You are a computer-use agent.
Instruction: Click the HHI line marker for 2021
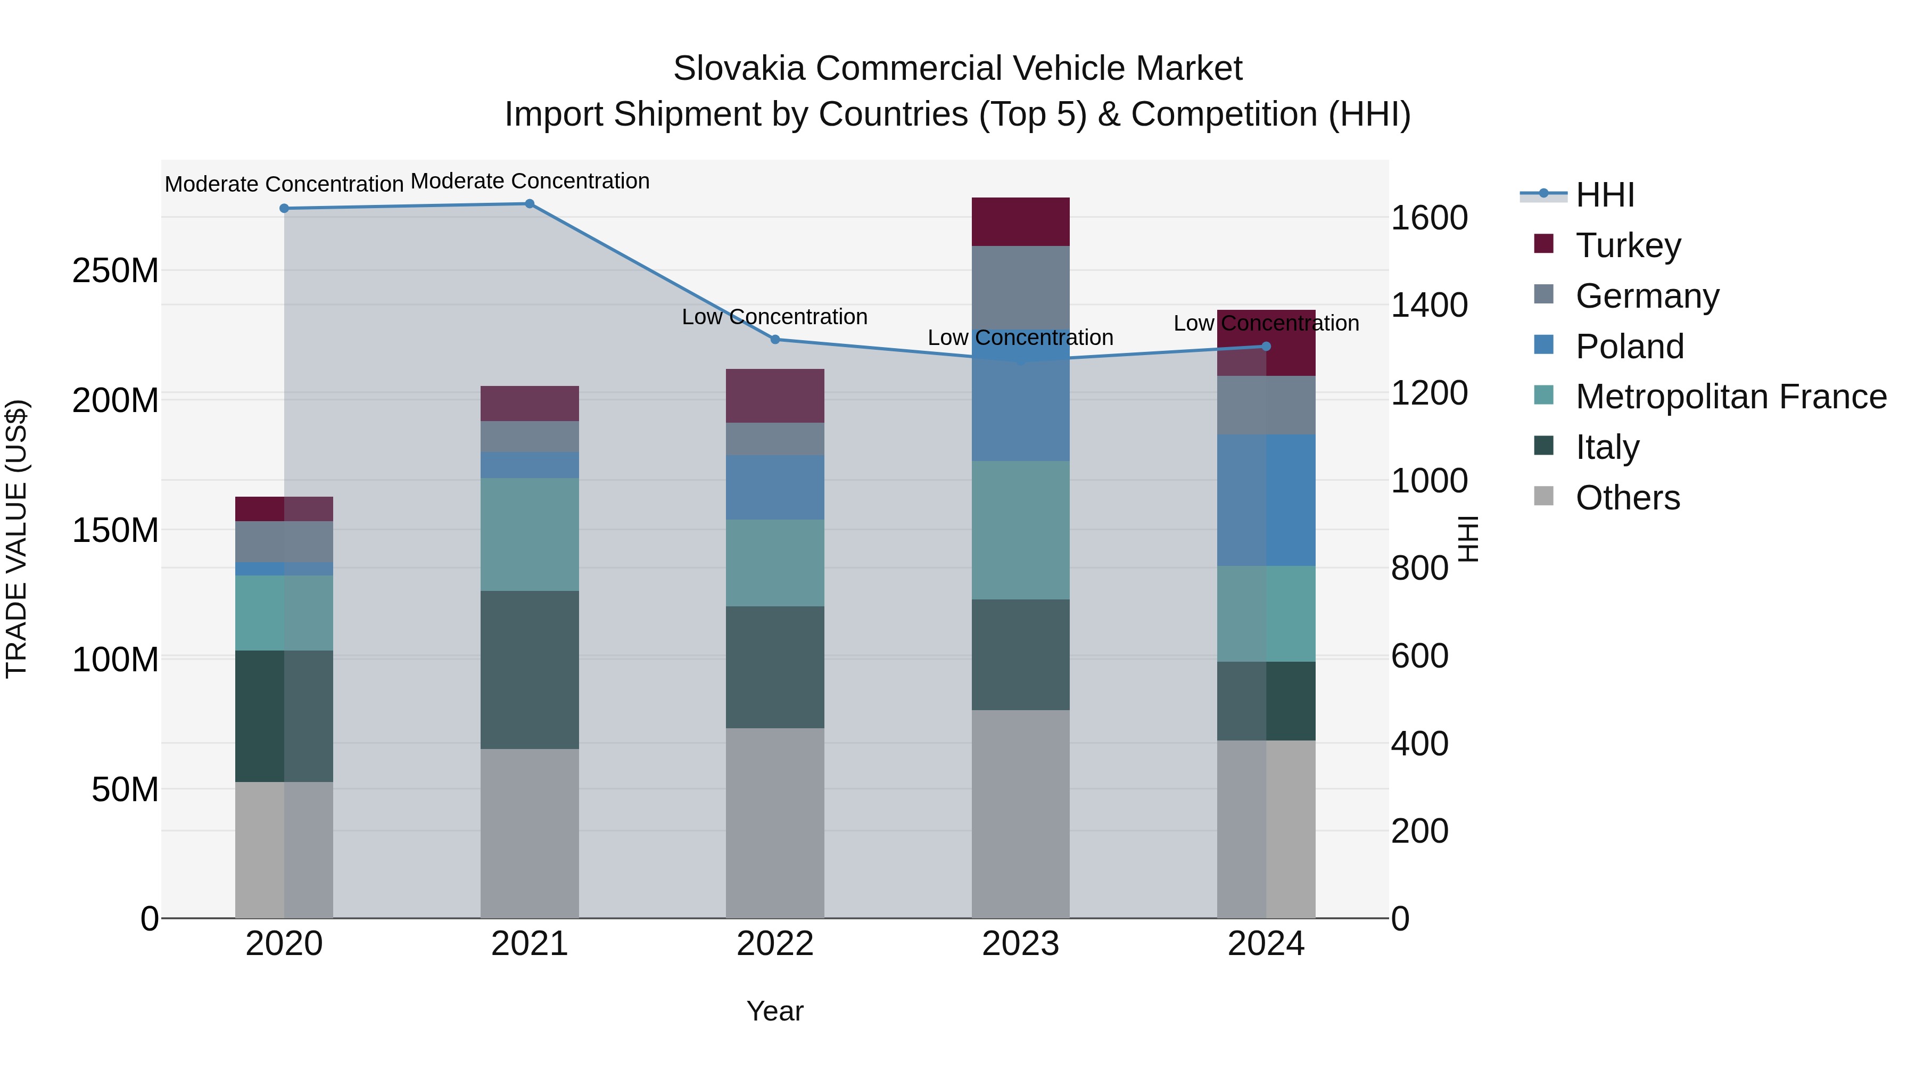tap(530, 204)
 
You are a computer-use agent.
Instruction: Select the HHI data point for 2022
tap(775, 339)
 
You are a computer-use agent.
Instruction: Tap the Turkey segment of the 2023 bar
tap(1020, 221)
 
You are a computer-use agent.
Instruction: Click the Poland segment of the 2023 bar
tap(1020, 395)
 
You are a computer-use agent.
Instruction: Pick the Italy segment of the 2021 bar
tap(530, 670)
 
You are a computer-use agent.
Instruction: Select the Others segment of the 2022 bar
tap(775, 822)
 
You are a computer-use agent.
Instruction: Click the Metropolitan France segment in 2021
tap(530, 534)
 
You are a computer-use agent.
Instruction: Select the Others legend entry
tap(1628, 498)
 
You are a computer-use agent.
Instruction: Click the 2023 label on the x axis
tap(1020, 944)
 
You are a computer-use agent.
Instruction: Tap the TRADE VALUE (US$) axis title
tap(16, 539)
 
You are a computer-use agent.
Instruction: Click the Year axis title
tap(775, 1011)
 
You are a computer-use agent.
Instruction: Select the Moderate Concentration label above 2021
tap(530, 182)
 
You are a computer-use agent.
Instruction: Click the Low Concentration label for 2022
tap(775, 317)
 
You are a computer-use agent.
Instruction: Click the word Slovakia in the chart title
tap(739, 69)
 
